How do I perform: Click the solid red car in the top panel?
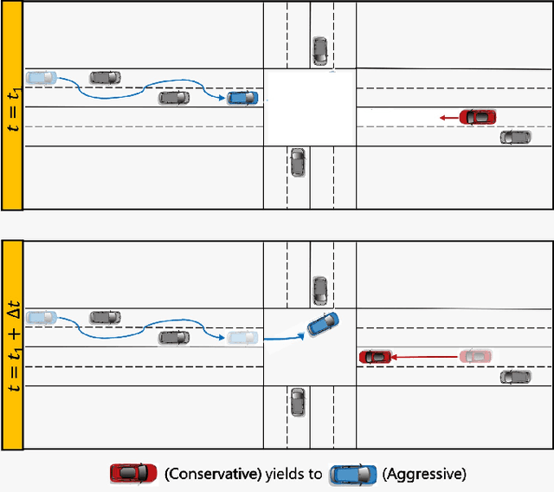(478, 116)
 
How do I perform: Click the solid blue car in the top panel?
(242, 98)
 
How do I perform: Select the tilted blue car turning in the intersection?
(323, 325)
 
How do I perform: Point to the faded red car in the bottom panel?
(477, 356)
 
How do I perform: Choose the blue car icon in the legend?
(351, 473)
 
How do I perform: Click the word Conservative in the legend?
(205, 474)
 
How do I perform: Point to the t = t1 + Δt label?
(12, 345)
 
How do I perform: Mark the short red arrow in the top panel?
(448, 117)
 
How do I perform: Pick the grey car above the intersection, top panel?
(319, 50)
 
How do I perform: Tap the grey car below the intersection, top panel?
(298, 162)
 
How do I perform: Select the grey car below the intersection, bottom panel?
(298, 401)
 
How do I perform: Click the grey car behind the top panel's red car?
(516, 137)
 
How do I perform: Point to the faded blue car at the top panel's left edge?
(41, 77)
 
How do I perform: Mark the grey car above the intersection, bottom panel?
(319, 290)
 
